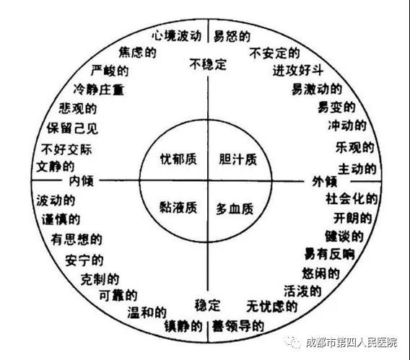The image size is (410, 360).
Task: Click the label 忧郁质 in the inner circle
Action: coord(178,159)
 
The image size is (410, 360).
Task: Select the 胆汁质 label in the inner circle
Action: coord(238,159)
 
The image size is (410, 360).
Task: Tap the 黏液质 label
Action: coord(178,208)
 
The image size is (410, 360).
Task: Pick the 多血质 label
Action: coord(235,209)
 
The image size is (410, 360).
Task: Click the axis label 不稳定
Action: coord(208,64)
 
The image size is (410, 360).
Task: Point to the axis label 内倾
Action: coord(81,181)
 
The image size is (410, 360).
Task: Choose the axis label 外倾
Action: coord(325,181)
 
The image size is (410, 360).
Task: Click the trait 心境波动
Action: coord(177,35)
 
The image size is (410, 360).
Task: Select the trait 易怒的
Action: coord(232,36)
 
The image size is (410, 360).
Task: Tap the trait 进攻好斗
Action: coord(298,70)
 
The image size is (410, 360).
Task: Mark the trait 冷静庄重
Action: coord(99,89)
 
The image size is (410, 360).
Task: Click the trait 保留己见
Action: coord(72,128)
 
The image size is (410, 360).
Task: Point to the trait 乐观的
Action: coord(355,148)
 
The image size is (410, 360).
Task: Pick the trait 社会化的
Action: coord(352,199)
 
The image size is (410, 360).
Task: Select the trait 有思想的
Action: coord(77,239)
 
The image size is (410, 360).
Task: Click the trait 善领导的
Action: coord(238,326)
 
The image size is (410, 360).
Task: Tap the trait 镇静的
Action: coord(183,326)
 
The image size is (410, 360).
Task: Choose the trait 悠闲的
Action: coord(320,273)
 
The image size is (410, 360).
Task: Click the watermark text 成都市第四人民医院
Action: coord(352,342)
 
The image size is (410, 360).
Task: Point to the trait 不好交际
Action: coord(66,150)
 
